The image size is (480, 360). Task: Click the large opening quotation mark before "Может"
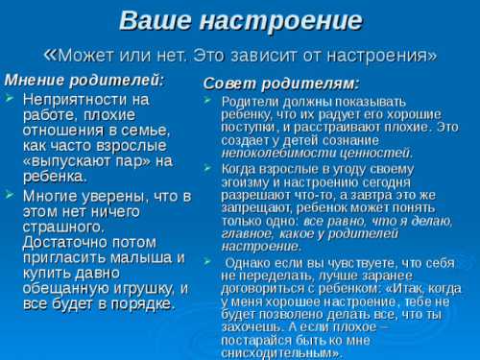pyautogui.click(x=52, y=54)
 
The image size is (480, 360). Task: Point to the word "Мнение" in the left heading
pyautogui.click(x=36, y=79)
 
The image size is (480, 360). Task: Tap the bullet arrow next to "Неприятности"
pyautogui.click(x=10, y=99)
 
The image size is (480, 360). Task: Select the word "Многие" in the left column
pyautogui.click(x=50, y=195)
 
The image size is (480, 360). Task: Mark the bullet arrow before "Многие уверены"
pyautogui.click(x=10, y=195)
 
